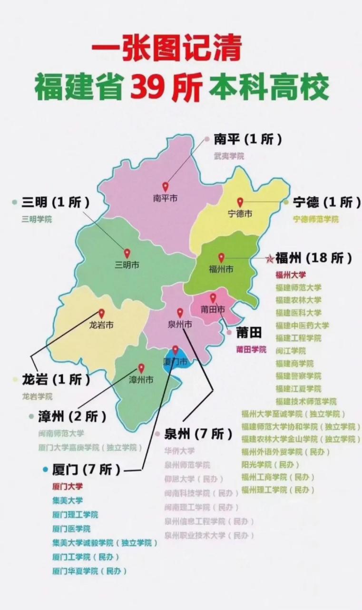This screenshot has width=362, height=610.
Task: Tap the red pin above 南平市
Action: click(x=166, y=187)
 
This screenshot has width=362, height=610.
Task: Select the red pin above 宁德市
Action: click(x=240, y=202)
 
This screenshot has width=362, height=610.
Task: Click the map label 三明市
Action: click(x=127, y=265)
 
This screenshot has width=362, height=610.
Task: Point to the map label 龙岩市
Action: click(x=101, y=325)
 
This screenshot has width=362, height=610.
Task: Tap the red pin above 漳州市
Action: click(x=141, y=368)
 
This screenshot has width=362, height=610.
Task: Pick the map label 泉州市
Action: click(x=180, y=325)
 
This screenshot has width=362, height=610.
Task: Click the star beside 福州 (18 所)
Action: click(x=269, y=259)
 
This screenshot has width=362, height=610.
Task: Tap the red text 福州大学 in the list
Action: click(x=291, y=274)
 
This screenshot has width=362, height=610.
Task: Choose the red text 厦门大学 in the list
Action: click(x=68, y=487)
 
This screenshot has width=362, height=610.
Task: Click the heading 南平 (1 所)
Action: click(x=247, y=139)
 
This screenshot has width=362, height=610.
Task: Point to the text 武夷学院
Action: click(x=229, y=156)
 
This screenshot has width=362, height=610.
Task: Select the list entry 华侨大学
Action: click(x=179, y=450)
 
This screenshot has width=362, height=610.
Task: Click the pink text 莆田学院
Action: click(x=251, y=349)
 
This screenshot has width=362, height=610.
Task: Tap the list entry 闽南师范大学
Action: click(x=61, y=433)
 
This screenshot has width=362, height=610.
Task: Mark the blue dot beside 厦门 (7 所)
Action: click(x=45, y=469)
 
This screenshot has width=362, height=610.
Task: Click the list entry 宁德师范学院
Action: click(x=316, y=219)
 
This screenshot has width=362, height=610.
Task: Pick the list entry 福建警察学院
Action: click(x=298, y=376)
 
